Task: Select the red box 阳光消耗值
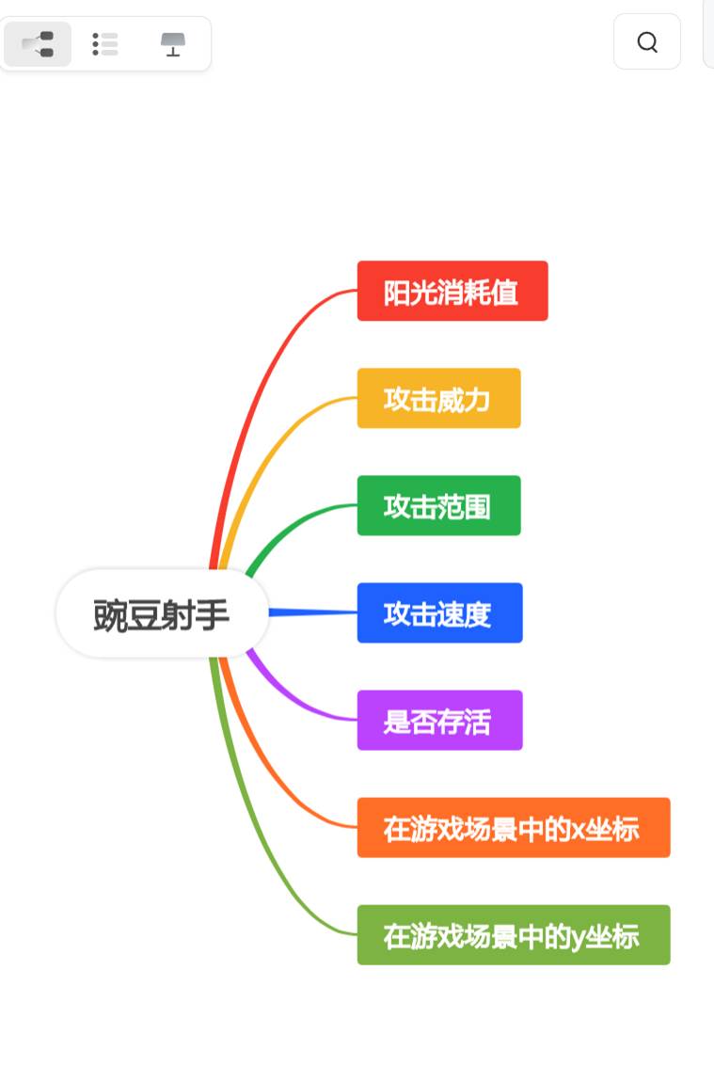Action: point(452,291)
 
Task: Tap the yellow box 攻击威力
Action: point(438,398)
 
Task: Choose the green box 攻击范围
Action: point(438,505)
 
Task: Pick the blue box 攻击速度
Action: point(439,612)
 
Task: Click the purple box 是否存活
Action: point(439,720)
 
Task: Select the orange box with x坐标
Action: point(513,827)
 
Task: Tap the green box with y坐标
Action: point(513,934)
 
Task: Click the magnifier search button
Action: point(647,41)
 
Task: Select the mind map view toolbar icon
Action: point(38,43)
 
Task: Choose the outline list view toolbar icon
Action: point(105,43)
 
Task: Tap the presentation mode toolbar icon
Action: point(173,43)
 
